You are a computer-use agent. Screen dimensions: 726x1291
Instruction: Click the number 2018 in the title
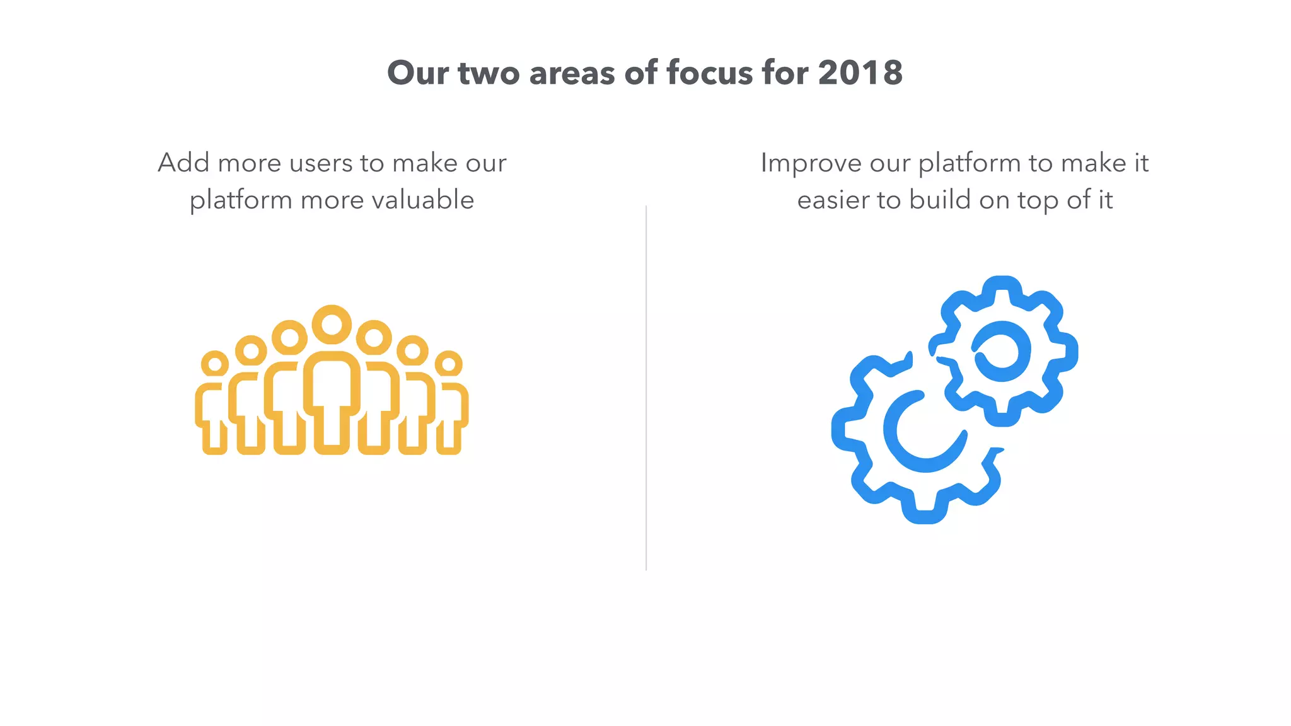tap(860, 73)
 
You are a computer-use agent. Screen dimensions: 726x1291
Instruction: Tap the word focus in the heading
tap(709, 73)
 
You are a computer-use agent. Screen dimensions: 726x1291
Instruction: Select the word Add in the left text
tap(183, 163)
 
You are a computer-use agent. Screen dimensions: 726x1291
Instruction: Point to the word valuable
tap(422, 200)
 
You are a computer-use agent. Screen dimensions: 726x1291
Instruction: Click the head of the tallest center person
tap(332, 325)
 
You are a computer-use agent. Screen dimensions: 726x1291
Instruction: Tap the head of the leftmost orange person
tap(215, 364)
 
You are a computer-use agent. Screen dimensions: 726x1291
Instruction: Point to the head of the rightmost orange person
tap(448, 364)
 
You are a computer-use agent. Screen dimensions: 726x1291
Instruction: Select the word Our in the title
tap(419, 73)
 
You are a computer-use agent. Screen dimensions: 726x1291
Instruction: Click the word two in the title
tap(489, 74)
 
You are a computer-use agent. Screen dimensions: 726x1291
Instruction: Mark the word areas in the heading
tap(572, 74)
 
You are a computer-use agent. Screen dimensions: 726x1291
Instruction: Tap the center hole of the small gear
tap(1002, 351)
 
